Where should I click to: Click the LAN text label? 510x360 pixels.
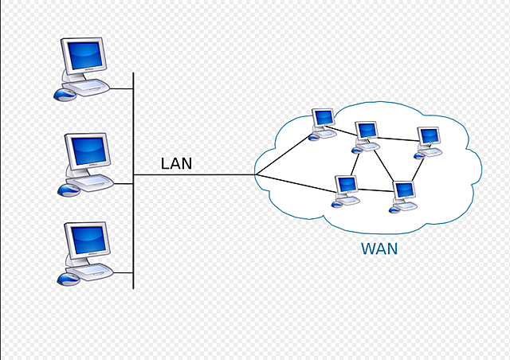176,164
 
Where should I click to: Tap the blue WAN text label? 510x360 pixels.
379,249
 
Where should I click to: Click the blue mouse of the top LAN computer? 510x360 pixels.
64,95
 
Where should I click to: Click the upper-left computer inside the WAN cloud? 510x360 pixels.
324,119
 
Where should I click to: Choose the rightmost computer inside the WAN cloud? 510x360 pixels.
429,138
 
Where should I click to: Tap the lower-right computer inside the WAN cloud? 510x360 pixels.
405,192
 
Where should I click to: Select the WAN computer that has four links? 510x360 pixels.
367,133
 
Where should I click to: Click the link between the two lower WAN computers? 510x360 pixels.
375,191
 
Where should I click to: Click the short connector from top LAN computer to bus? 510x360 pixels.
120,88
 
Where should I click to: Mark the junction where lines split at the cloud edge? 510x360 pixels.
256,175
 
